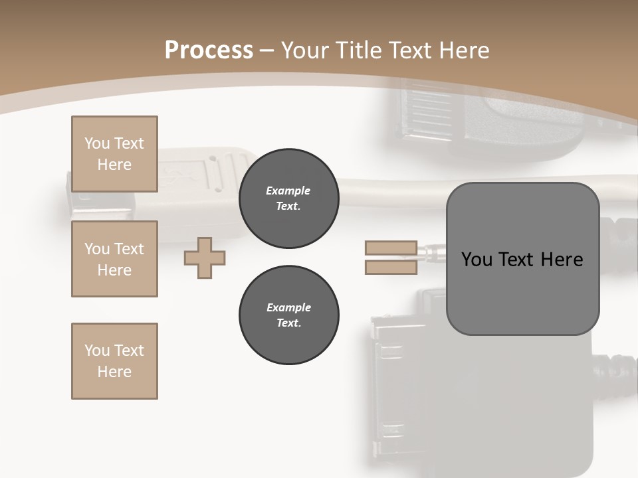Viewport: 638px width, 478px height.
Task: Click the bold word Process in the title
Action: pos(209,50)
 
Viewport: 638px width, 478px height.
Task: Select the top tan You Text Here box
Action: pos(114,154)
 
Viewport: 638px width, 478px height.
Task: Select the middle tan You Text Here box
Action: pos(114,259)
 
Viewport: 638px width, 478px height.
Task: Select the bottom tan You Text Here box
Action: pos(114,360)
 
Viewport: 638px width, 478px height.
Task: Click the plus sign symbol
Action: pos(205,258)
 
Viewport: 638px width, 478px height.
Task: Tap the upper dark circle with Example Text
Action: pos(288,199)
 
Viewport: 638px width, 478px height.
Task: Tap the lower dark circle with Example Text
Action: pos(288,315)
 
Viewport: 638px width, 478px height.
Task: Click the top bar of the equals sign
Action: pos(391,248)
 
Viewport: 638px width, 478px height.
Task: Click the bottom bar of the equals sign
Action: pos(391,268)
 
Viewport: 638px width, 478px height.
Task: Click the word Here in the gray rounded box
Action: pos(562,260)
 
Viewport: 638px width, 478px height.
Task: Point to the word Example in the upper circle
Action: pos(288,191)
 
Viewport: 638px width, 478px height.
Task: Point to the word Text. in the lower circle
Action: pos(288,323)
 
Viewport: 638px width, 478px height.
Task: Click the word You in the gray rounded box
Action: pos(476,260)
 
